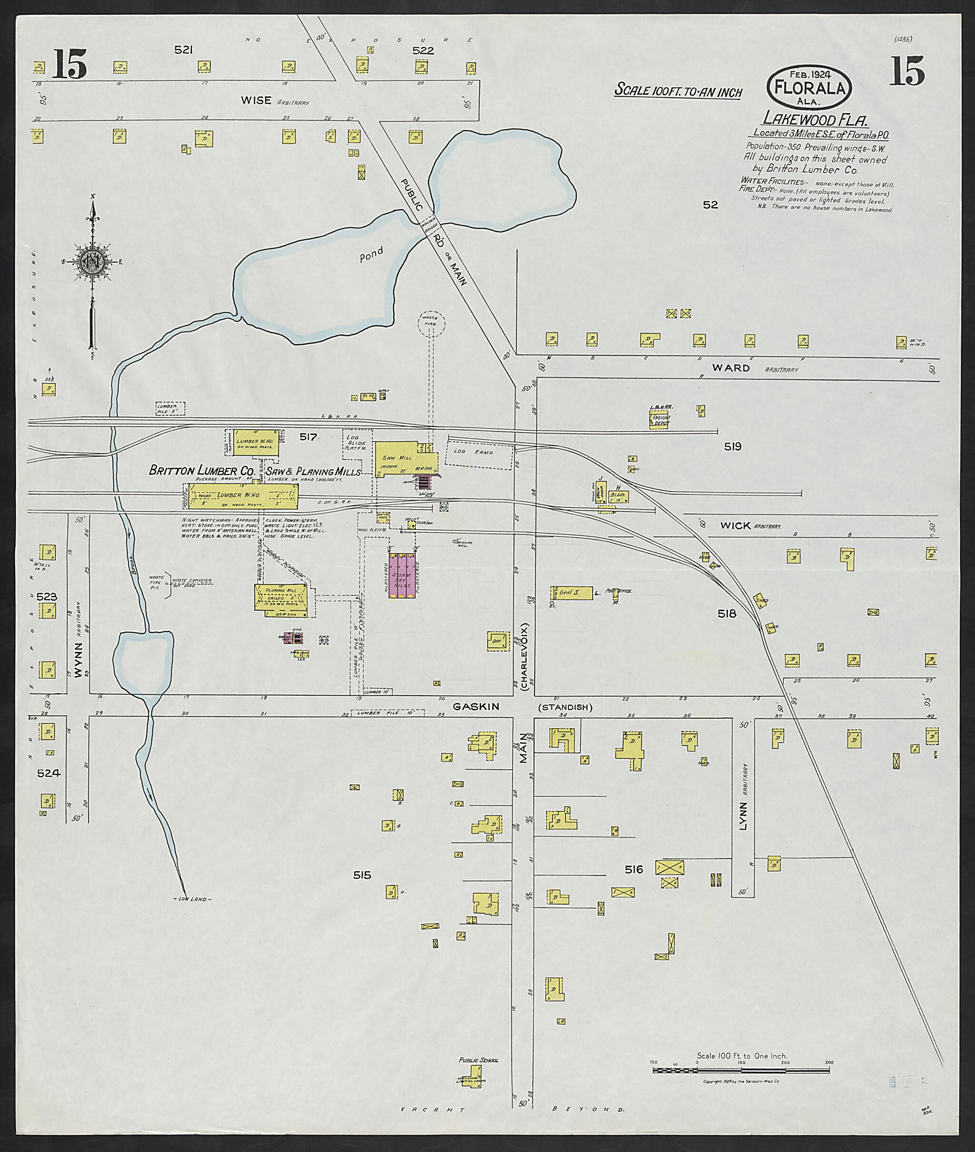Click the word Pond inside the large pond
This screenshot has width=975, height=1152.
pos(371,255)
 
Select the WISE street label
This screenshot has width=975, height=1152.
pos(256,100)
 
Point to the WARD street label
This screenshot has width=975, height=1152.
pos(731,368)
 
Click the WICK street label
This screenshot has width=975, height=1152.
pos(735,525)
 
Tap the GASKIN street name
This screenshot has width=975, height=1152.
pos(476,706)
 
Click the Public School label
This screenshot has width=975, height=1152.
pos(478,1060)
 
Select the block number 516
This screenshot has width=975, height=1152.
pos(634,870)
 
